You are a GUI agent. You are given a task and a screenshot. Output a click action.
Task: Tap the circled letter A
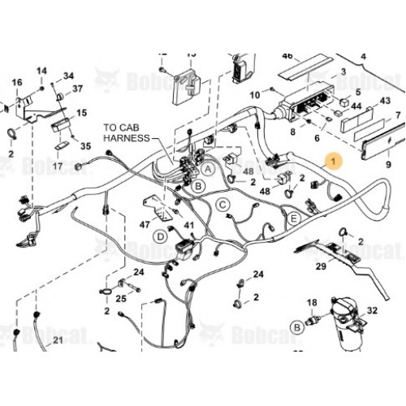tap(209, 168)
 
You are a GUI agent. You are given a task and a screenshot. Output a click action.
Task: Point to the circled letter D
tap(162, 235)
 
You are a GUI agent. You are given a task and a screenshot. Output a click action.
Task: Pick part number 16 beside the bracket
tap(15, 83)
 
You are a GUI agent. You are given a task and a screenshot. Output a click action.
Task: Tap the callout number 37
tap(79, 89)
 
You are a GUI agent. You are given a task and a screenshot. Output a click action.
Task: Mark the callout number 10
tap(254, 96)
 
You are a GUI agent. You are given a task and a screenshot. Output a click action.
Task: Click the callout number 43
tap(386, 101)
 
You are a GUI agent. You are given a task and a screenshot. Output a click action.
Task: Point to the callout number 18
tap(309, 303)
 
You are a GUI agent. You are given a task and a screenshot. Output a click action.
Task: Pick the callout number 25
tap(121, 299)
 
